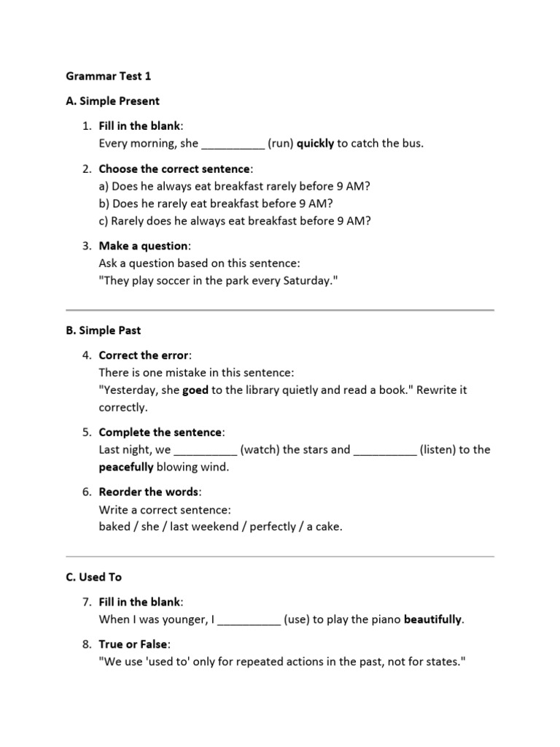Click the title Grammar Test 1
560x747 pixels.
pyautogui.click(x=109, y=76)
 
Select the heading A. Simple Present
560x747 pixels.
pyautogui.click(x=112, y=101)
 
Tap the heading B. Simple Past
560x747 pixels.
pyautogui.click(x=103, y=330)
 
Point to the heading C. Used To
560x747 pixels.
pyautogui.click(x=93, y=576)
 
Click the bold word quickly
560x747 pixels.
pyautogui.click(x=315, y=144)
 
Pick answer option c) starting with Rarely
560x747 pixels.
pyautogui.click(x=235, y=220)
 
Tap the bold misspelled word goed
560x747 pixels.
pyautogui.click(x=195, y=390)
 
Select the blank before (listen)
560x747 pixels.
pyautogui.click(x=385, y=450)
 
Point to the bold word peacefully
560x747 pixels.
pyautogui.click(x=126, y=467)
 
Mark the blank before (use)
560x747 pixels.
pyautogui.click(x=249, y=620)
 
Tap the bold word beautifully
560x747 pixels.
pyautogui.click(x=432, y=619)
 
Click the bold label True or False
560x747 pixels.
pyautogui.click(x=133, y=645)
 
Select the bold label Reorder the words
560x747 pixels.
pyautogui.click(x=148, y=492)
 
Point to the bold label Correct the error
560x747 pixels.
pyautogui.click(x=143, y=355)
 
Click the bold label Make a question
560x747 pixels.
pyautogui.click(x=143, y=246)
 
